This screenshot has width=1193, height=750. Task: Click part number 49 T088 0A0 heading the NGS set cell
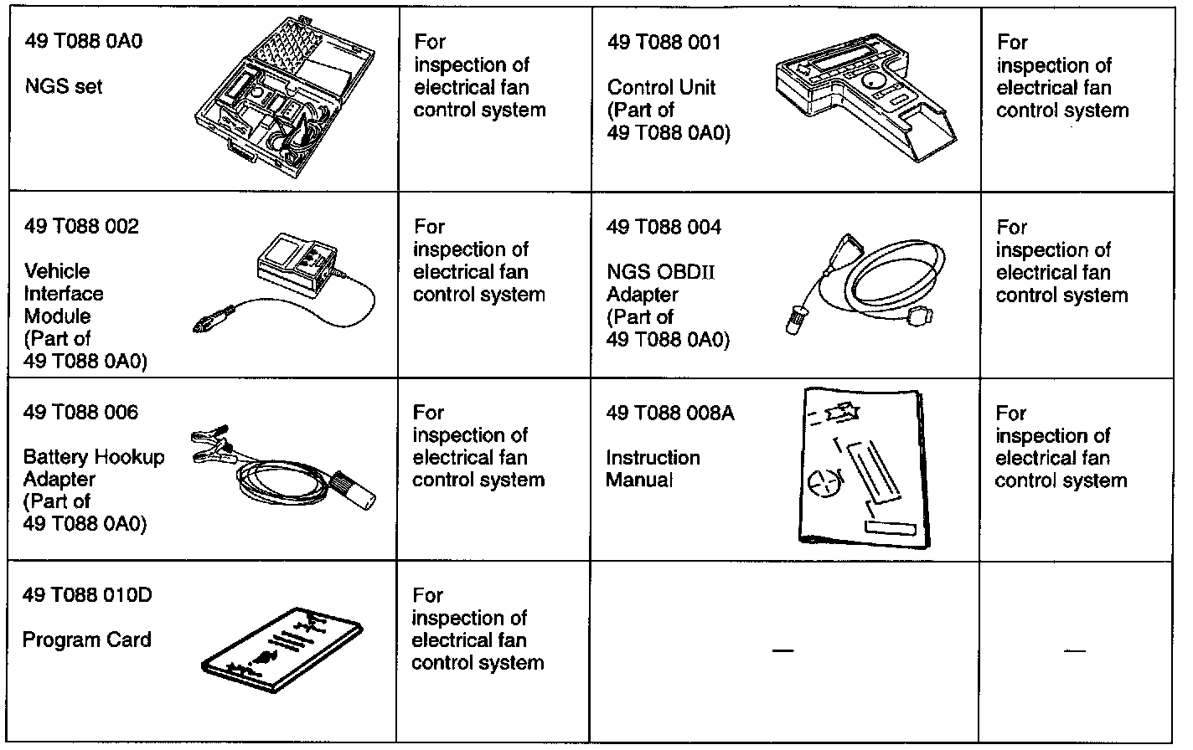tap(84, 41)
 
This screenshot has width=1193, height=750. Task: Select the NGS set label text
tap(64, 86)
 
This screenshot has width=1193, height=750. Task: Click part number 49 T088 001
tap(664, 42)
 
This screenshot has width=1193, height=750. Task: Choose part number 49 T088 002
tap(81, 226)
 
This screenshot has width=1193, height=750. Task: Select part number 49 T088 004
tap(664, 227)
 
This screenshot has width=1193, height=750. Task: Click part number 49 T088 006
tap(81, 412)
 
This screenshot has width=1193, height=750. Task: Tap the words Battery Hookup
tap(94, 457)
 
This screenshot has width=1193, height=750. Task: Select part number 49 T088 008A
tap(670, 413)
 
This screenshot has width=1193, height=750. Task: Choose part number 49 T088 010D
tap(87, 595)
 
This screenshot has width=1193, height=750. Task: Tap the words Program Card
tap(87, 640)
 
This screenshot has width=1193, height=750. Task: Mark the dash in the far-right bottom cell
tap(1075, 650)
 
